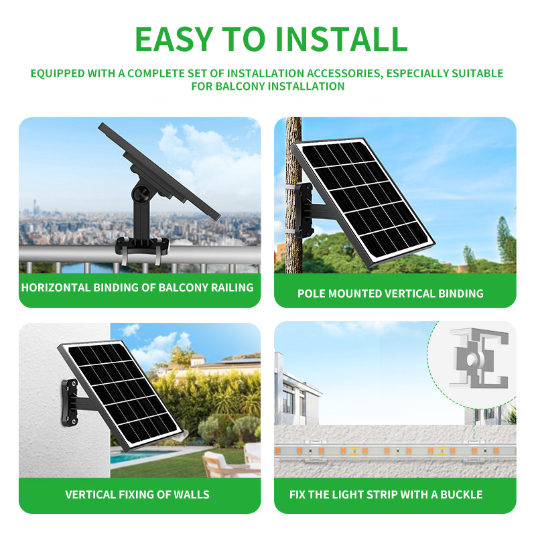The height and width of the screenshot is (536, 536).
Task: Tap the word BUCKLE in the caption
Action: [x=459, y=494]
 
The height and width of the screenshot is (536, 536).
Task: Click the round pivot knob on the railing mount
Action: [x=141, y=192]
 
